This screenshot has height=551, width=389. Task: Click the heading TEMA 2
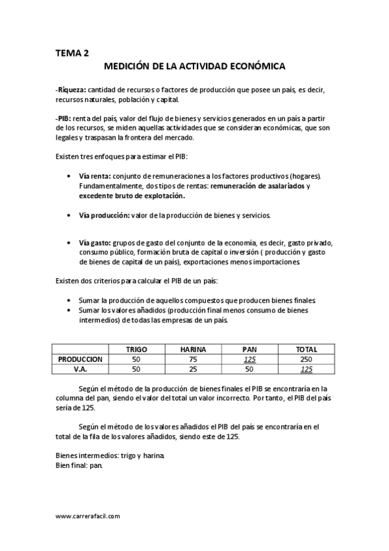pyautogui.click(x=72, y=54)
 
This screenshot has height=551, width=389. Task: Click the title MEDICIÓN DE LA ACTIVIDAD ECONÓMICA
pyautogui.click(x=195, y=66)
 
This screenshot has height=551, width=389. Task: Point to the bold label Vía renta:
pyautogui.click(x=95, y=176)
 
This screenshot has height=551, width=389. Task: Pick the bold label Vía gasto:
pyautogui.click(x=95, y=242)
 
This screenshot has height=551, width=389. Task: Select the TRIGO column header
pyautogui.click(x=136, y=349)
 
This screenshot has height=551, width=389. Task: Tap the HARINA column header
pyautogui.click(x=194, y=349)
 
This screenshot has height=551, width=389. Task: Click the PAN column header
pyautogui.click(x=249, y=349)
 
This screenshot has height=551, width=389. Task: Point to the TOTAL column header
pyautogui.click(x=306, y=349)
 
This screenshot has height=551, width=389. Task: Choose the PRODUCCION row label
pyautogui.click(x=80, y=359)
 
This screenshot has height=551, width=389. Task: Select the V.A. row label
pyautogui.click(x=80, y=368)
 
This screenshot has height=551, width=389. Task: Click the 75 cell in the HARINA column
pyautogui.click(x=194, y=359)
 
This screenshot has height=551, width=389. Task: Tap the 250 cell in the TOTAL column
pyautogui.click(x=306, y=359)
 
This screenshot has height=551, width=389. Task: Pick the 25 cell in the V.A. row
pyautogui.click(x=194, y=368)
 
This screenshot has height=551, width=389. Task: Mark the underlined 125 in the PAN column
pyautogui.click(x=249, y=359)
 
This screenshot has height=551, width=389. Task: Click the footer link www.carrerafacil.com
pyautogui.click(x=88, y=516)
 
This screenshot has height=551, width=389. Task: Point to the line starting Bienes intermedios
pyautogui.click(x=110, y=455)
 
